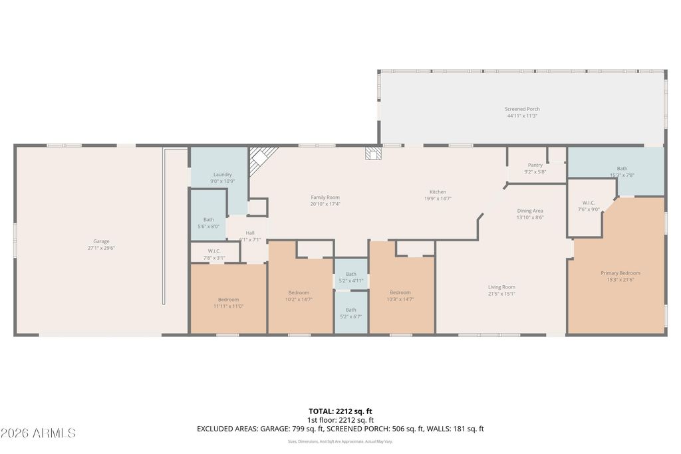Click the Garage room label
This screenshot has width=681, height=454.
tap(101, 241)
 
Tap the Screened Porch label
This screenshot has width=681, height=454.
tap(522, 109)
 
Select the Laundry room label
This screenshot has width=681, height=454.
tap(222, 175)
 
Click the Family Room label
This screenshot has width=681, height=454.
tap(325, 197)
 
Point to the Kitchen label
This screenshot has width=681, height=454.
tap(437, 192)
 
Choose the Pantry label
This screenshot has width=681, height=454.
tap(535, 165)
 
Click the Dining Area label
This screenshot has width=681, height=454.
tap(530, 211)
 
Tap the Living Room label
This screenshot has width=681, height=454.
tap(501, 287)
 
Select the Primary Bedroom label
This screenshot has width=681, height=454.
tap(620, 273)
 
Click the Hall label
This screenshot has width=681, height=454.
tap(250, 233)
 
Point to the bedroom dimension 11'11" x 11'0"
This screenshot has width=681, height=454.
tap(228, 306)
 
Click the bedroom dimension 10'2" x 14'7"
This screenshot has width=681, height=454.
tap(299, 300)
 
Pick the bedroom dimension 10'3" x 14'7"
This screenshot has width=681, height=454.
tap(400, 300)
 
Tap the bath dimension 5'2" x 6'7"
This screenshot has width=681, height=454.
tap(350, 316)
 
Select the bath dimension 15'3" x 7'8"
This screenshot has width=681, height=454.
tap(622, 175)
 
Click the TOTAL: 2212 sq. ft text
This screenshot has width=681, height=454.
tap(340, 411)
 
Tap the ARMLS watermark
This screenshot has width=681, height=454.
tap(38, 433)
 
